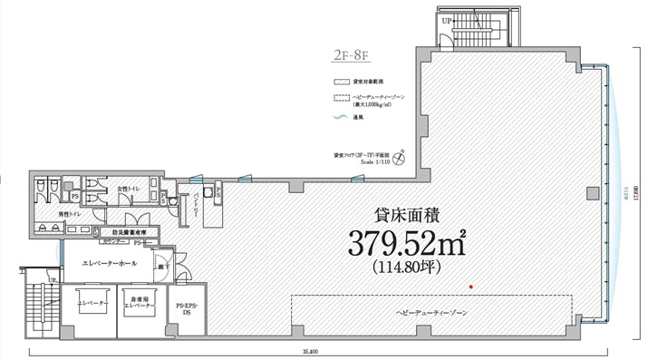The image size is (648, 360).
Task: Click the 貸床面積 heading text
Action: click(407, 215)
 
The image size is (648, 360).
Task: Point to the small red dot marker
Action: click(470, 287)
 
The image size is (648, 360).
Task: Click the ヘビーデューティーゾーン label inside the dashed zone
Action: click(431, 312)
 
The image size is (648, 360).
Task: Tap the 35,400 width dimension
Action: click(311, 351)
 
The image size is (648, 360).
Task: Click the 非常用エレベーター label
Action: click(140, 305)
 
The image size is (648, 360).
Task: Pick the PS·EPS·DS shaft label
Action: click(185, 310)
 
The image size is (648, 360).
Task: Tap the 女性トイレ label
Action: click(127, 188)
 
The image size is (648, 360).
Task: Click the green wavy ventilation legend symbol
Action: click(340, 116)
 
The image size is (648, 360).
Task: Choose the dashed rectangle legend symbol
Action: click(340, 97)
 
